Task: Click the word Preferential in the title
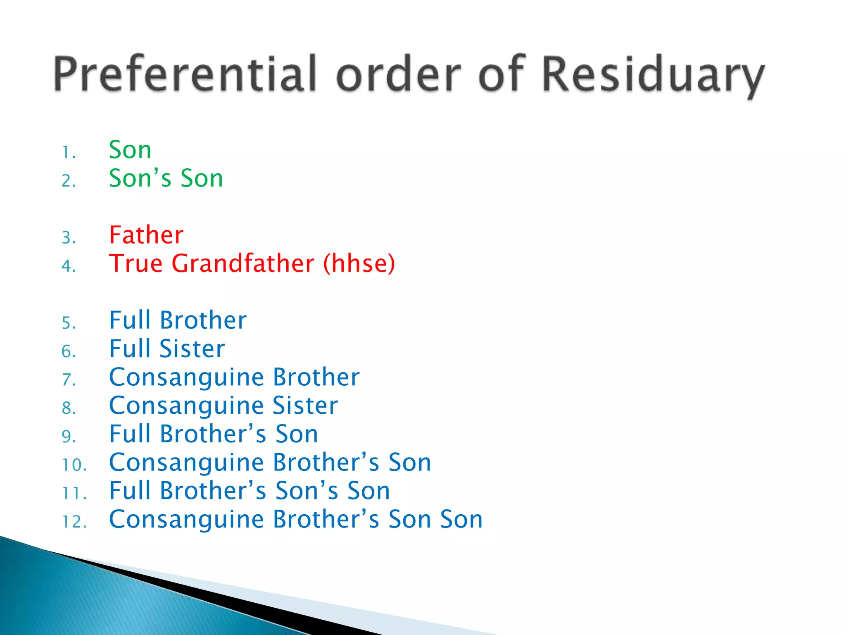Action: coord(185,74)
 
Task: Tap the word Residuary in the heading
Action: coord(653,74)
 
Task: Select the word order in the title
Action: coord(398,74)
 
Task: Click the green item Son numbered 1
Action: coord(130,150)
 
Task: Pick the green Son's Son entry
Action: coord(166,178)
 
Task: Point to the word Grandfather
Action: coord(243,263)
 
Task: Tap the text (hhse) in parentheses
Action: coord(359,263)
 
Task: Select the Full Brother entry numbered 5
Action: coord(178,320)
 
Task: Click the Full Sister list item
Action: coord(167,349)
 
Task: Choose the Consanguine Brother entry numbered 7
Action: coord(234,377)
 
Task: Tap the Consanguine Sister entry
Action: coord(223,406)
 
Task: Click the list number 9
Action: coord(69,437)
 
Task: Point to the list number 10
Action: coord(74,465)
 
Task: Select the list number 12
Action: coord(74,522)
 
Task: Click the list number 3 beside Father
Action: coord(69,238)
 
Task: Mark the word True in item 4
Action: coord(135,263)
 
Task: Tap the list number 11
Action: coord(74,493)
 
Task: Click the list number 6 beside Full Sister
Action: coord(69,351)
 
